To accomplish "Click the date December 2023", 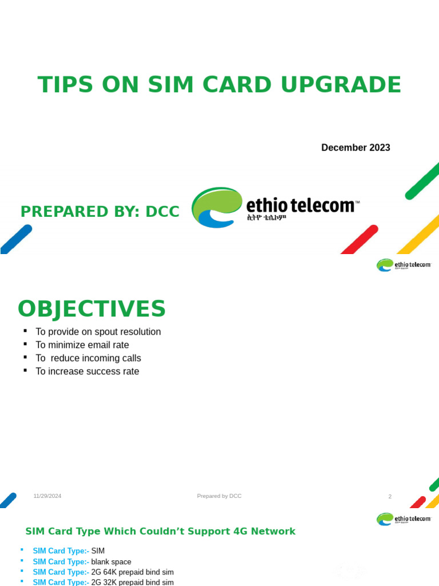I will click(356, 148).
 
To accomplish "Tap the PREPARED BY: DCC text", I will click(99, 212).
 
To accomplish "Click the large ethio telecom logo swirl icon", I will click(216, 207).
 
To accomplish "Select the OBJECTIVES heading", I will click(91, 309).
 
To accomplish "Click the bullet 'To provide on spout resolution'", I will click(98, 332).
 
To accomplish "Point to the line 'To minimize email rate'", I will click(82, 345).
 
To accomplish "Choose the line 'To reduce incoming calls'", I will click(88, 358).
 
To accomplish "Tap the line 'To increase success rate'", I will click(87, 371).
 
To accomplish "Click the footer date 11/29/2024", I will click(47, 496).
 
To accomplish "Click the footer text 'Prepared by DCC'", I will click(219, 496).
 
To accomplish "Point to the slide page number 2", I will click(390, 497).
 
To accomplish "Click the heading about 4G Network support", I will click(160, 532).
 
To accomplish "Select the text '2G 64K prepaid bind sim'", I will click(132, 572).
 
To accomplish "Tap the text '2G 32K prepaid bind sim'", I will click(132, 582).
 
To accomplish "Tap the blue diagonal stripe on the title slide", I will click(15, 239).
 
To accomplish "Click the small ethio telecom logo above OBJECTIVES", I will click(404, 265).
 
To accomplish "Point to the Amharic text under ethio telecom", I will click(266, 218).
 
